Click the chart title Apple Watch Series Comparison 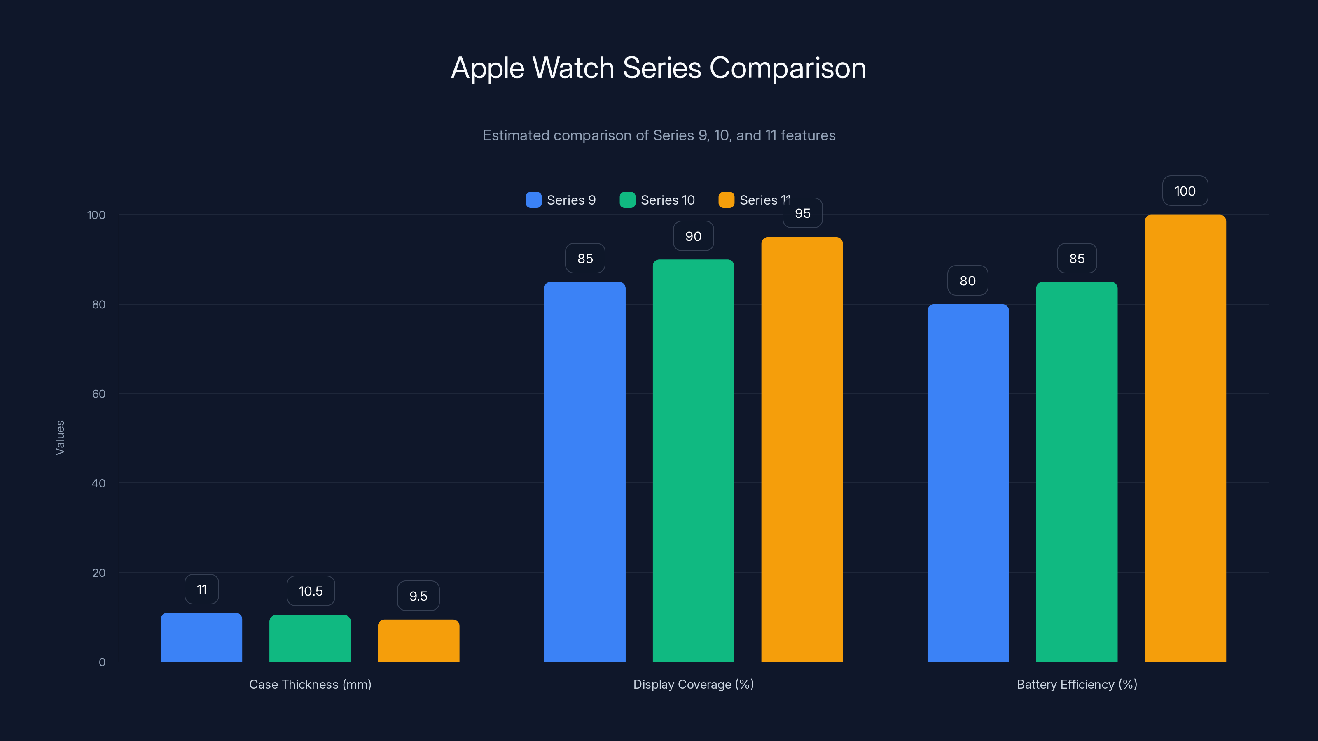(659, 68)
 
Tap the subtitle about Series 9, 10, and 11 (659, 135)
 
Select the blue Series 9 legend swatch (533, 200)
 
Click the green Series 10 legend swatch (627, 200)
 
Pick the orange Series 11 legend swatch (726, 200)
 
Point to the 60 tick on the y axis (99, 394)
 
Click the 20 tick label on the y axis (99, 573)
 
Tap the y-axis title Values (60, 438)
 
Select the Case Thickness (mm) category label (310, 684)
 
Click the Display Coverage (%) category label (693, 684)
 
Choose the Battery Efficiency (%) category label (1077, 684)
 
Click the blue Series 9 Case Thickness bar (201, 637)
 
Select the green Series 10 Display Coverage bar (693, 460)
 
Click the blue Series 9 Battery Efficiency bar (967, 483)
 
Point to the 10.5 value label (311, 591)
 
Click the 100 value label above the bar (1185, 191)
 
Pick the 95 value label (802, 213)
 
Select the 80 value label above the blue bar (967, 281)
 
